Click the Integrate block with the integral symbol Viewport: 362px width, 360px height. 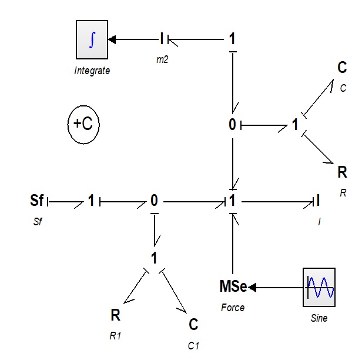click(92, 39)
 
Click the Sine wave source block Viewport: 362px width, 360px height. click(319, 287)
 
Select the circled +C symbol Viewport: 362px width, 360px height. click(83, 125)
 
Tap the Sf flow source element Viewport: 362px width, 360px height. click(36, 200)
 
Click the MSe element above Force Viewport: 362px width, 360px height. click(233, 286)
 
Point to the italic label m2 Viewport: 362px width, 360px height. click(162, 59)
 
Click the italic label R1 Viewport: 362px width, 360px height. click(115, 336)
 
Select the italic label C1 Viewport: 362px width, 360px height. click(193, 346)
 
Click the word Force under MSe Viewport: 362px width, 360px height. click(233, 308)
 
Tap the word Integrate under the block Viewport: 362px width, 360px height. click(92, 71)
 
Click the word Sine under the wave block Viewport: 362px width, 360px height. click(319, 318)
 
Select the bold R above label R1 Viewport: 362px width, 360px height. click(115, 315)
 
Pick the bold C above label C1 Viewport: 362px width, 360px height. click(193, 324)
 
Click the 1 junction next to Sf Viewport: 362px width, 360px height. click(91, 200)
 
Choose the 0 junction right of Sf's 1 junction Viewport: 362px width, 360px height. click(154, 200)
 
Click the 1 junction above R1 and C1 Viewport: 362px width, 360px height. click(154, 258)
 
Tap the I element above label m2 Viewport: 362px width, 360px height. click(162, 38)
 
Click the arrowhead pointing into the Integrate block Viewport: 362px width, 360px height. click(112, 39)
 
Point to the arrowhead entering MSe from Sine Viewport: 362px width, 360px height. click(252, 288)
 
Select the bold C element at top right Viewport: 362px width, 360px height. click(342, 67)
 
